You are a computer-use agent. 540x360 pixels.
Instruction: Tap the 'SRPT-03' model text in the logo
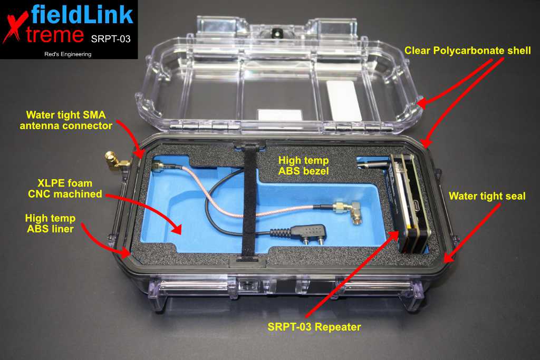tap(111, 39)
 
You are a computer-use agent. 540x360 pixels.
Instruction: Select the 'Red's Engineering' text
tap(68, 54)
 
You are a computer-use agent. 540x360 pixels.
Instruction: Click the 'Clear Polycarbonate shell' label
tap(467, 51)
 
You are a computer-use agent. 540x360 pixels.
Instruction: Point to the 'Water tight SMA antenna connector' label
tap(66, 120)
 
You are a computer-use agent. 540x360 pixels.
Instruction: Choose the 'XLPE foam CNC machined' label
tap(65, 188)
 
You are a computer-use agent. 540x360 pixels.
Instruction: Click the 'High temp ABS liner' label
tap(50, 223)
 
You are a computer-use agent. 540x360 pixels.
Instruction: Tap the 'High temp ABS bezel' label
tap(303, 166)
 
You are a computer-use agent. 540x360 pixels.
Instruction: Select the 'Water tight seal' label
tap(487, 196)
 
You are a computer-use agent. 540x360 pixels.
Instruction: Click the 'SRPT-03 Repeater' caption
tap(314, 327)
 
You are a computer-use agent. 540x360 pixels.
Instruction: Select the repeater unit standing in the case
tap(408, 203)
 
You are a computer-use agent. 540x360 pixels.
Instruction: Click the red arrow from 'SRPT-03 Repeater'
tap(352, 273)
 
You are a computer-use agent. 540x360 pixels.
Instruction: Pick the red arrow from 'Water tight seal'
tap(472, 232)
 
